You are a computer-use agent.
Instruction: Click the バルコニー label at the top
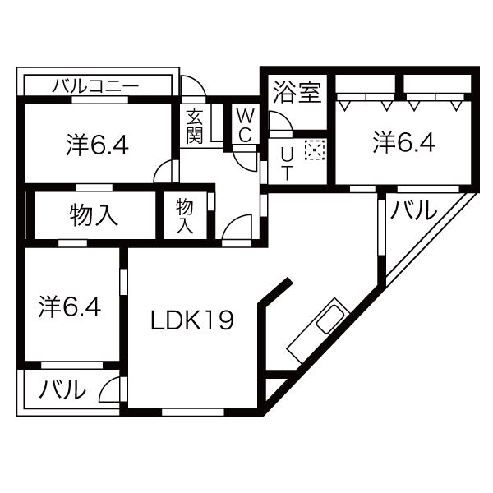coord(95,85)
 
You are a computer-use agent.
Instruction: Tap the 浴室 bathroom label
coord(297,90)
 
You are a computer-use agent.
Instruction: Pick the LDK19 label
coord(191,320)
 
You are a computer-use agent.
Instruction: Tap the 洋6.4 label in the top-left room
coord(97,145)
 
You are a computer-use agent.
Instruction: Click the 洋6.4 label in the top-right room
coord(404,142)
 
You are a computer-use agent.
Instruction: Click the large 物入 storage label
coord(94,215)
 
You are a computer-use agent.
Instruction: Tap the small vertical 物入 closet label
coord(185,215)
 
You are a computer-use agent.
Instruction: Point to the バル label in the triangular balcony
coord(413,211)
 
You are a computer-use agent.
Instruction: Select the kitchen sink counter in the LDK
coord(320,329)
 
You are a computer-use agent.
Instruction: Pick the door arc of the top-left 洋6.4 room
coord(166,171)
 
